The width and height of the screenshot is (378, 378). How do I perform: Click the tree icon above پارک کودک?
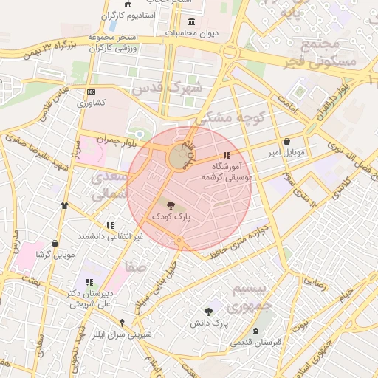(171, 205)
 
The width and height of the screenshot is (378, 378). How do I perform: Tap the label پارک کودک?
(171, 217)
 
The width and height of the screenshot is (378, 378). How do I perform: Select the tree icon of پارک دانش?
(208, 311)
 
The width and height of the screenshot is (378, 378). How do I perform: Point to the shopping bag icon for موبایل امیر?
(286, 141)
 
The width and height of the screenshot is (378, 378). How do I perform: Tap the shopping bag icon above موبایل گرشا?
(55, 243)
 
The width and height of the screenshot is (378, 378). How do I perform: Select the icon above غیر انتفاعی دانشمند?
(110, 225)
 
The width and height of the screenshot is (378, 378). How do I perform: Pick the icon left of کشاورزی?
(91, 92)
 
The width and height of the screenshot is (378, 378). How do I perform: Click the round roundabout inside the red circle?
(179, 157)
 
